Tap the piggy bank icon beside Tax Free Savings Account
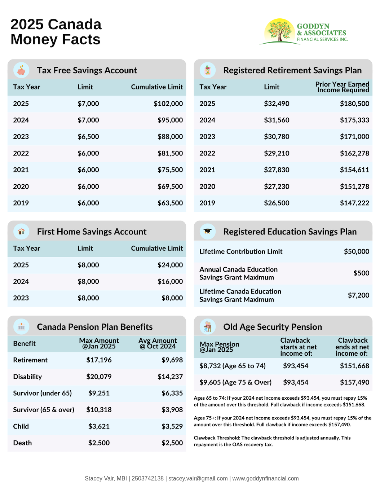21,70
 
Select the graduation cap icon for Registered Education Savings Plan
208,231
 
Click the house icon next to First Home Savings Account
21,231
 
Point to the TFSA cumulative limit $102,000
168,104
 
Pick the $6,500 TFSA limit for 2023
88,137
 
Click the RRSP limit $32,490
277,104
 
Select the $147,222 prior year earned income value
354,203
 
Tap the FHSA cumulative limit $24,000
170,265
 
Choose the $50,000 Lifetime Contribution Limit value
356,251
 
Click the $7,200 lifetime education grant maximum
358,295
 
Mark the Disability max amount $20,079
99,377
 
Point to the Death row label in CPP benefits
22,443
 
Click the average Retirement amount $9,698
172,360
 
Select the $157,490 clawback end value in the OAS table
354,382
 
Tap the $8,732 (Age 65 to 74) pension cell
233,366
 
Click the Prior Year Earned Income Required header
342,87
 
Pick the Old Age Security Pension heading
273,327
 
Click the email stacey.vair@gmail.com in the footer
198,478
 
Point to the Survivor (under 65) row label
43,393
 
